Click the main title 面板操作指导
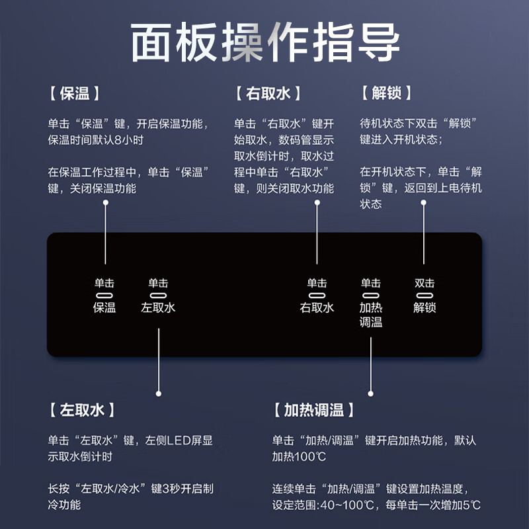264,44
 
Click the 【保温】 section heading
74,94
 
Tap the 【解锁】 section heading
387,94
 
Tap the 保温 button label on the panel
104,307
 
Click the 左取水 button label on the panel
159,307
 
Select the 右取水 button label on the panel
317,307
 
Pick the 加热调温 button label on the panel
371,315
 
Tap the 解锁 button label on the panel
425,307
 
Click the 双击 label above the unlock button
425,283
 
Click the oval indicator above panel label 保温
104,296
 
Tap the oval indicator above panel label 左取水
159,296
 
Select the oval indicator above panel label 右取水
317,296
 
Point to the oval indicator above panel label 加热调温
371,296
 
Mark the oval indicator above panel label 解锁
425,296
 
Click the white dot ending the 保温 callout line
104,203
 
